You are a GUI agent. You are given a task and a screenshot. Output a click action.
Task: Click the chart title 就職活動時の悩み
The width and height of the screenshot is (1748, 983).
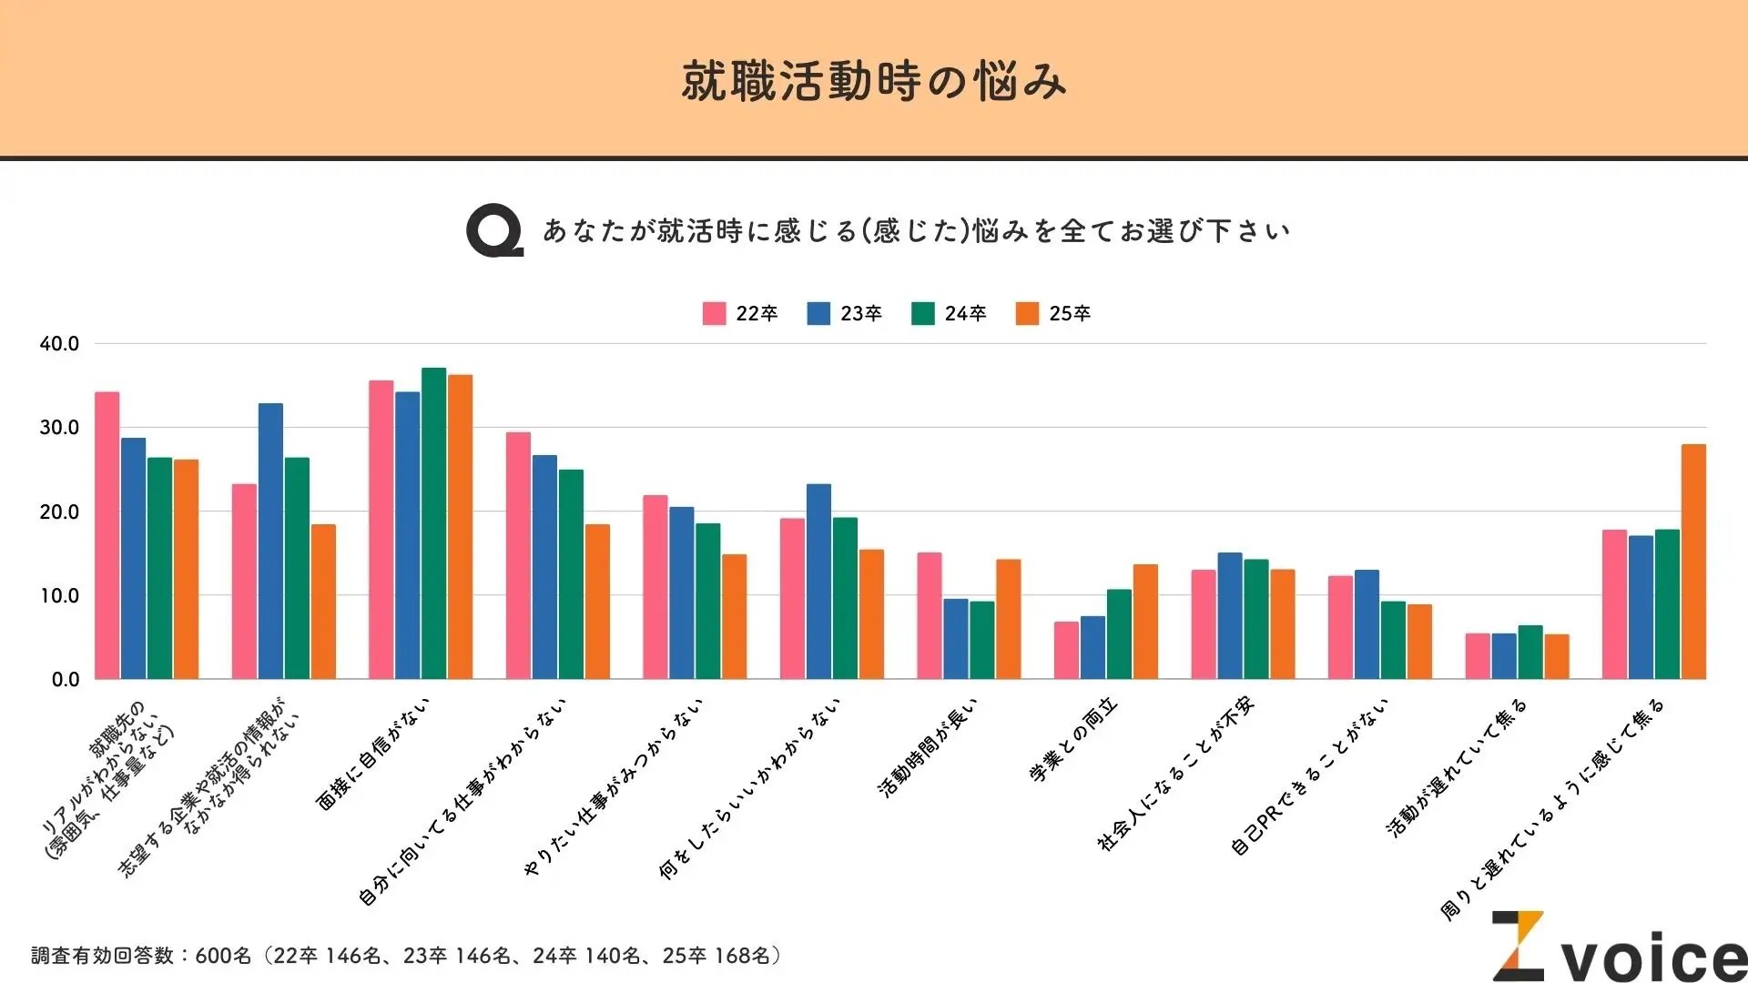pyautogui.click(x=873, y=82)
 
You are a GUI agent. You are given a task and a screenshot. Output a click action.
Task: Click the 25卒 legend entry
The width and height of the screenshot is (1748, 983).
pyautogui.click(x=1053, y=313)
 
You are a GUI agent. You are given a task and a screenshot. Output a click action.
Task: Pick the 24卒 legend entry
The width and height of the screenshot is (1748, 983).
pyautogui.click(x=949, y=313)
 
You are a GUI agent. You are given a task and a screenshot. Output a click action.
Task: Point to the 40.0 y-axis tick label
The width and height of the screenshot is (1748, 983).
pyautogui.click(x=59, y=344)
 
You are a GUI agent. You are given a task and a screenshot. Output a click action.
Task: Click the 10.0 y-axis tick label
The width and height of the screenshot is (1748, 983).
pyautogui.click(x=59, y=596)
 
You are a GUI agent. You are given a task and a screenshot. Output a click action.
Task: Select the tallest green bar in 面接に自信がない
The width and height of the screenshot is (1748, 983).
pyautogui.click(x=434, y=523)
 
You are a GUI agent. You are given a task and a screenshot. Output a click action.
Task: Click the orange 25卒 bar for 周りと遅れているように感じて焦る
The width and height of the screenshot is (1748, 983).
pyautogui.click(x=1693, y=562)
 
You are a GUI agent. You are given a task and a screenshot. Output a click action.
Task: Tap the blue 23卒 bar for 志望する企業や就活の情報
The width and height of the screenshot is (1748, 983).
pyautogui.click(x=270, y=541)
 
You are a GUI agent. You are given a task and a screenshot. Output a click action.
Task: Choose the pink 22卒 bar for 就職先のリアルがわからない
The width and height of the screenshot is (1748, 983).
pyautogui.click(x=107, y=535)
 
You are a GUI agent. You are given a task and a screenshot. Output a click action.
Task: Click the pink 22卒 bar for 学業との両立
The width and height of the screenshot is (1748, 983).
pyautogui.click(x=1066, y=650)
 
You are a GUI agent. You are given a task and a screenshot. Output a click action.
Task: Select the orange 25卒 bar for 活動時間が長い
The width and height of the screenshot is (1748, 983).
pyautogui.click(x=1008, y=619)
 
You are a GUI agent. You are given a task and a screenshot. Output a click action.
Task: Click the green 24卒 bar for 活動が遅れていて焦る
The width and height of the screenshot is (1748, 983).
pyautogui.click(x=1530, y=652)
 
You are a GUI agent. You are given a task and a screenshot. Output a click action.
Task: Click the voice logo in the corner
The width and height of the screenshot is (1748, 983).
pyautogui.click(x=1621, y=948)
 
